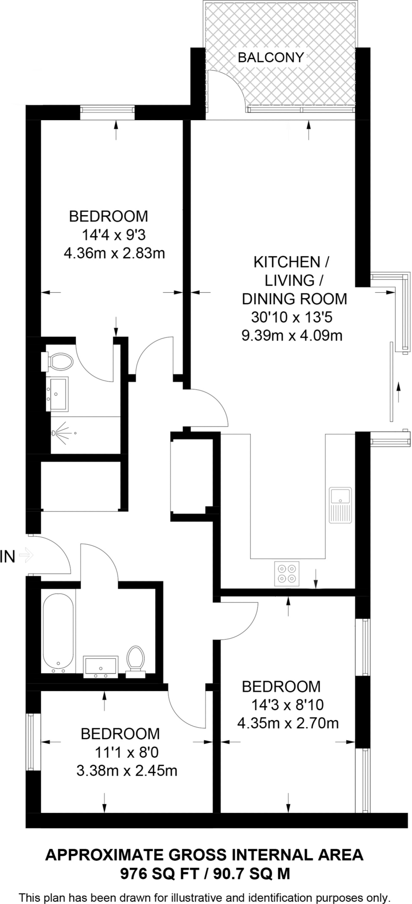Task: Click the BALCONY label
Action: click(271, 57)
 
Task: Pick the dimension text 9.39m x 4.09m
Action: click(292, 336)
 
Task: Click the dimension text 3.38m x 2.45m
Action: click(127, 771)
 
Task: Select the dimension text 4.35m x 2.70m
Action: click(288, 723)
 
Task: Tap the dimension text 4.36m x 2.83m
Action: click(114, 253)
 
